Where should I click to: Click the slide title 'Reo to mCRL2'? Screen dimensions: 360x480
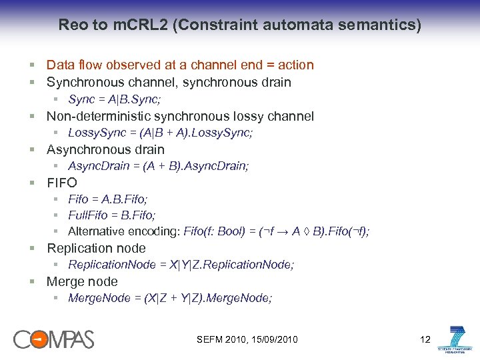tap(239, 25)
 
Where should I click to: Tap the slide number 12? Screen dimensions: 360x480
tap(425, 340)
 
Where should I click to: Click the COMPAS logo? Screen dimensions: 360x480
tap(53, 339)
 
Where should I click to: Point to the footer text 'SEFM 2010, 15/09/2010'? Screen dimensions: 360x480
tap(247, 340)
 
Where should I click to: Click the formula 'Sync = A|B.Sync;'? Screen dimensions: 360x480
tap(114, 100)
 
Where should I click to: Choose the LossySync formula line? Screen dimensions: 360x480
tap(160, 133)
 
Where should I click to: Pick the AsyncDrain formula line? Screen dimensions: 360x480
tap(159, 166)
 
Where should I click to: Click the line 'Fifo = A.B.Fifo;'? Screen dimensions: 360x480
tap(108, 199)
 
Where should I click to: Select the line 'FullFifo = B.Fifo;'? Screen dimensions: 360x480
tap(112, 215)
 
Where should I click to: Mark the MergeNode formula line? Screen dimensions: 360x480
tap(170, 298)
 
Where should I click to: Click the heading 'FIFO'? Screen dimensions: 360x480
tap(61, 183)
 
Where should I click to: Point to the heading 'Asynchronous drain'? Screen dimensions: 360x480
tap(105, 149)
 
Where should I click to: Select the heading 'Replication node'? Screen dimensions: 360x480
tap(96, 248)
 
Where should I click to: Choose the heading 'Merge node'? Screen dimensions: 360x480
tap(82, 281)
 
